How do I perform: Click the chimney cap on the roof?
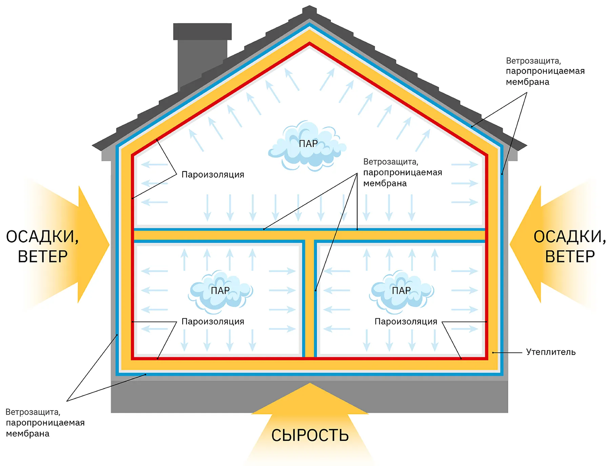click(202, 31)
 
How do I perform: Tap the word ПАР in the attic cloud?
click(308, 144)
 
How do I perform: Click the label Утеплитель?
click(551, 352)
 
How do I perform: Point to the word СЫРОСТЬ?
click(310, 436)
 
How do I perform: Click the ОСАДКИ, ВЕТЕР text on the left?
click(42, 246)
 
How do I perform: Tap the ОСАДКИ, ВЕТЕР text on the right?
click(570, 246)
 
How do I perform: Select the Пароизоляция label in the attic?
click(213, 175)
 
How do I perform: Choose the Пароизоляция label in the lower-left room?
click(213, 321)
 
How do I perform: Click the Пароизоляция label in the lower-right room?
click(406, 321)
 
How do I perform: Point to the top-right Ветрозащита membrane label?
click(545, 71)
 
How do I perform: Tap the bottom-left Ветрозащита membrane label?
click(45, 423)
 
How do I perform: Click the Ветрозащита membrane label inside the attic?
click(403, 173)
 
